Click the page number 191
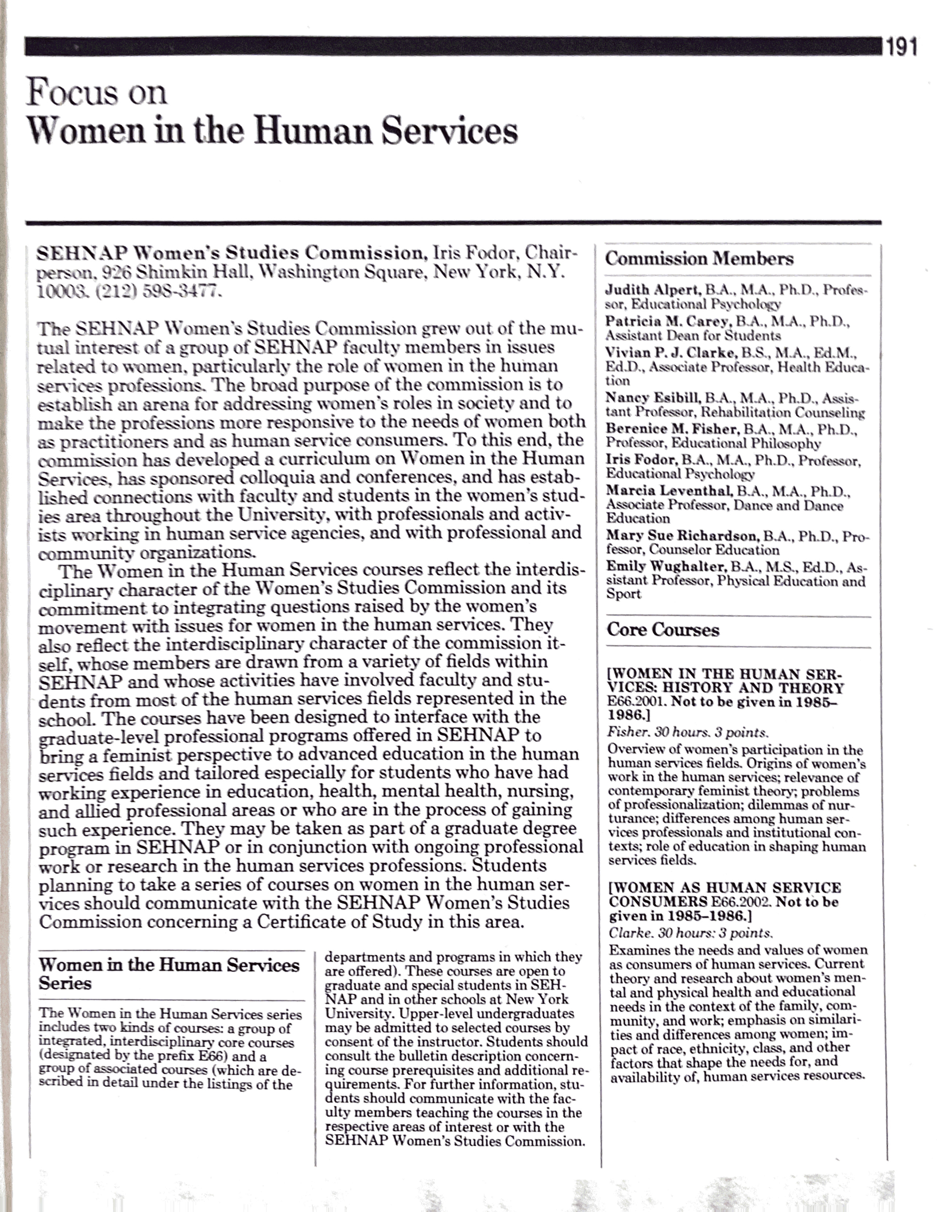[x=901, y=47]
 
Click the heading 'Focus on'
[x=97, y=92]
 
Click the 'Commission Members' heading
[x=699, y=259]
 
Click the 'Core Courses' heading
[x=663, y=630]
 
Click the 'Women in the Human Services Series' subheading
[x=169, y=974]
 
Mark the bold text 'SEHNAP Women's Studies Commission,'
[x=231, y=253]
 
